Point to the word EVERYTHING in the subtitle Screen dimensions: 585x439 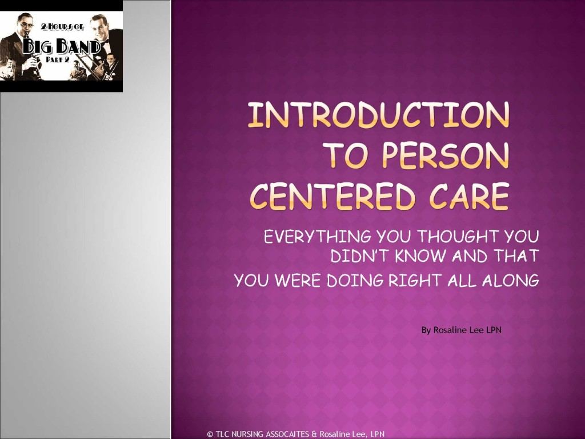tap(318, 237)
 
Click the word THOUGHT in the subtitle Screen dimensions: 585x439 tap(458, 237)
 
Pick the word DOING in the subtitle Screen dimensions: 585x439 tap(355, 280)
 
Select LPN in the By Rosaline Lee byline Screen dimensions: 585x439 tap(494, 330)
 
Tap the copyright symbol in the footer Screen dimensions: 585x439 tap(210, 434)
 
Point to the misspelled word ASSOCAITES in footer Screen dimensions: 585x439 tap(287, 434)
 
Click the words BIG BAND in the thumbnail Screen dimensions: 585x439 tap(62, 47)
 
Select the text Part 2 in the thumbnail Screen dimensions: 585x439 tap(58, 59)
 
